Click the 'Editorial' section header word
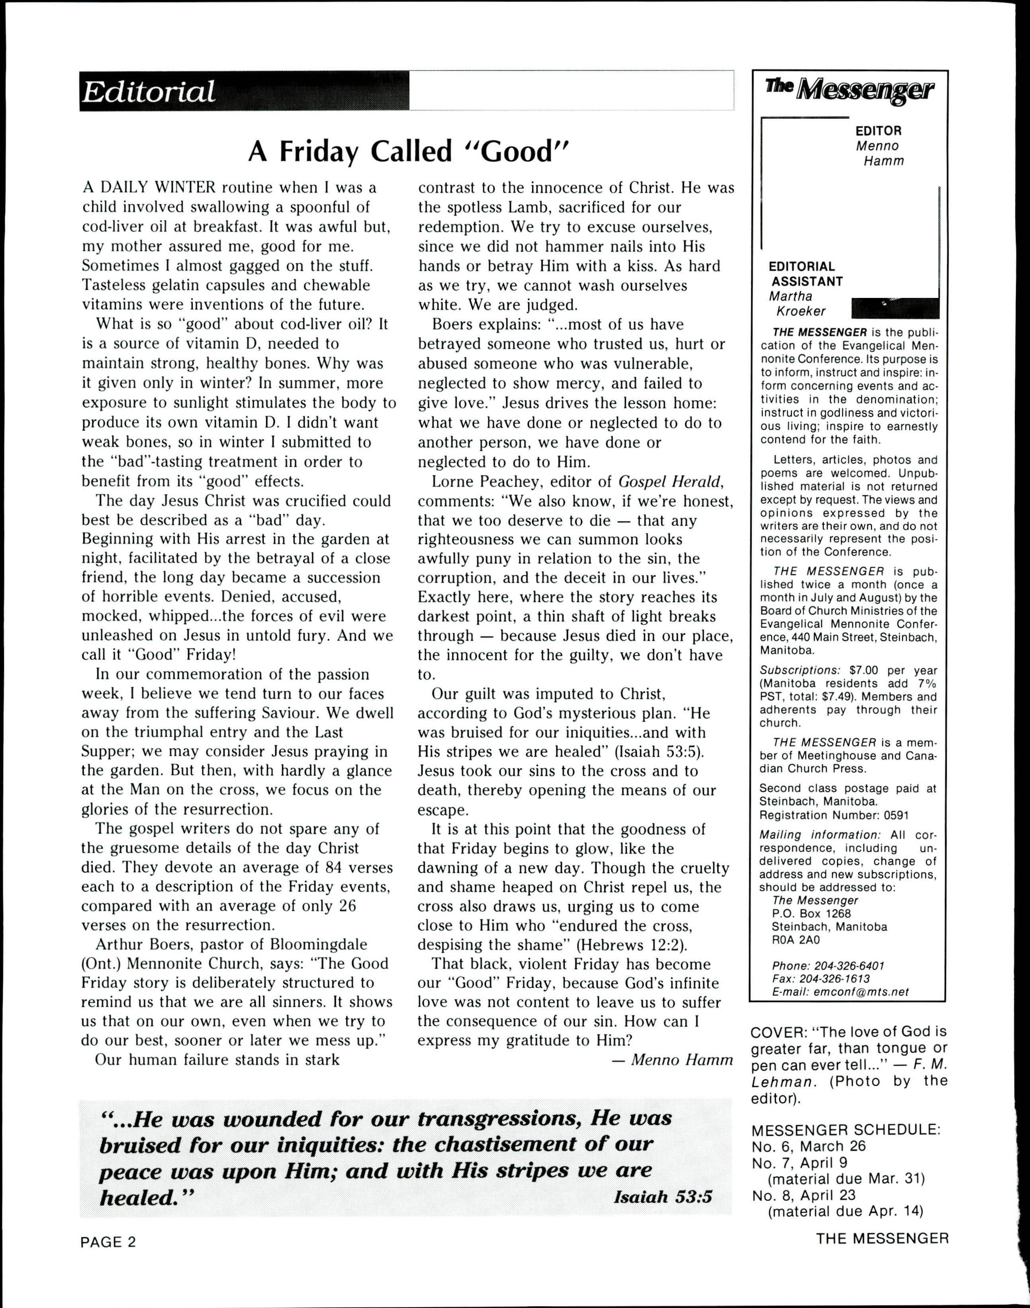[x=148, y=92]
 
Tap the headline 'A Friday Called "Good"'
[x=409, y=151]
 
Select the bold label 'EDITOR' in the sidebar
[x=878, y=131]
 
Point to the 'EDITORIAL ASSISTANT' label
[x=805, y=274]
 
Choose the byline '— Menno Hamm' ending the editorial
[x=672, y=1059]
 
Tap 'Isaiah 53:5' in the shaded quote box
[x=662, y=1196]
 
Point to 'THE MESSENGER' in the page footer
[x=882, y=1238]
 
